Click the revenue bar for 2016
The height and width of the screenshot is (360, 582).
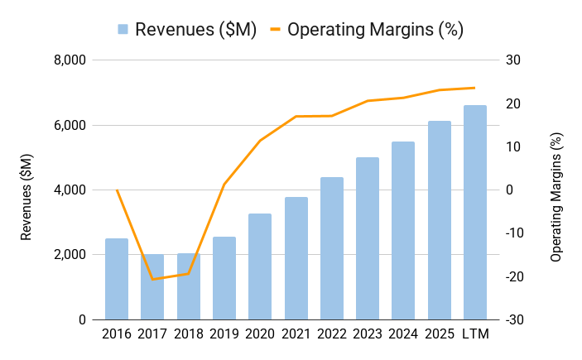117,279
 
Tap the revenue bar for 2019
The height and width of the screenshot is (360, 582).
224,278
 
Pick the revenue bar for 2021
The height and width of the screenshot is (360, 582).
296,258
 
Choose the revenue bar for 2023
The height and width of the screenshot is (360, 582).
368,238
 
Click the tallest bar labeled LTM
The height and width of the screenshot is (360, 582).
475,212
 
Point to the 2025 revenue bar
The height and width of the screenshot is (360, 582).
440,220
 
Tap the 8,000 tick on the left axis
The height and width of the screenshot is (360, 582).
70,60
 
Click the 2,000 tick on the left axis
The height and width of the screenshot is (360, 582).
70,255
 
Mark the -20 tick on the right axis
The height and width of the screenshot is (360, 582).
514,276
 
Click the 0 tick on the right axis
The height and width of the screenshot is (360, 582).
510,190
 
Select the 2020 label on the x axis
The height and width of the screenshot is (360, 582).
260,334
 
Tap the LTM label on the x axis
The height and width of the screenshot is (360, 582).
475,334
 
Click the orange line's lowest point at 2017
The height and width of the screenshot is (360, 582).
152,279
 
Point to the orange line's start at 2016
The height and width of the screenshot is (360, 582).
117,190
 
